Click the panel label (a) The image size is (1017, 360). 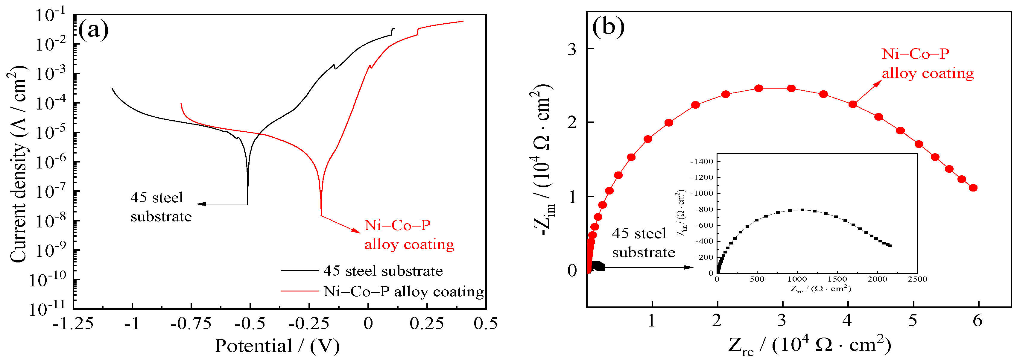point(93,29)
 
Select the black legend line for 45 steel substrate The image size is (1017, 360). point(299,271)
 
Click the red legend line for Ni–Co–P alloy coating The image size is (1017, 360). point(299,291)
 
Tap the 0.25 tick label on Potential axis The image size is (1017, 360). point(426,324)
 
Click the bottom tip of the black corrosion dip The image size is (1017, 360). point(247,203)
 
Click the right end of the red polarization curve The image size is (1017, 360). point(463,21)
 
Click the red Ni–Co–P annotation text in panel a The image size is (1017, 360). point(409,235)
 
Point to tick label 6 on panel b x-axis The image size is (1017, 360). point(977,320)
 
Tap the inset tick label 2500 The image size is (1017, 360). point(917,279)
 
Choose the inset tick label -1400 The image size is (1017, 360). point(702,162)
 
